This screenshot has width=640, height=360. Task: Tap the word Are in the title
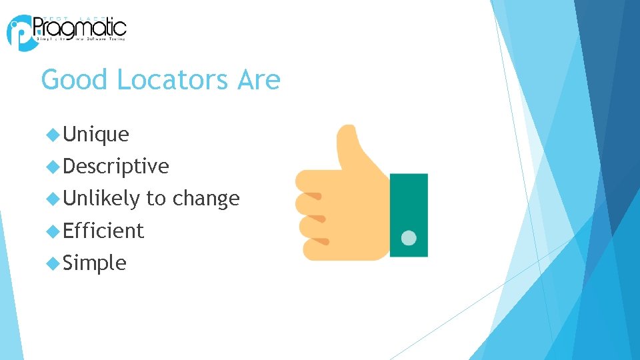pyautogui.click(x=258, y=81)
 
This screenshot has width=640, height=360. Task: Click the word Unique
pyautogui.click(x=96, y=135)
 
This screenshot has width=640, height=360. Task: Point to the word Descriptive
pyautogui.click(x=116, y=166)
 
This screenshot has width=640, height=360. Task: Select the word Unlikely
pyautogui.click(x=101, y=198)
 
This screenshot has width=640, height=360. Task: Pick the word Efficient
pyautogui.click(x=103, y=231)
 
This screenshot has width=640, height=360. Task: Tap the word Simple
pyautogui.click(x=94, y=263)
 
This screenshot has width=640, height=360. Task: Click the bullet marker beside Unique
pyautogui.click(x=53, y=135)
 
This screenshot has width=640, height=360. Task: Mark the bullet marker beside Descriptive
pyautogui.click(x=53, y=166)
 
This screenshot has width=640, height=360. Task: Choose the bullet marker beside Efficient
pyautogui.click(x=53, y=231)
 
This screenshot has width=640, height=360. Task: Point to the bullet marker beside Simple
pyautogui.click(x=53, y=263)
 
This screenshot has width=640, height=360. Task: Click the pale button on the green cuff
pyautogui.click(x=409, y=238)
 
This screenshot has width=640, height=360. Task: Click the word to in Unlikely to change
pyautogui.click(x=155, y=199)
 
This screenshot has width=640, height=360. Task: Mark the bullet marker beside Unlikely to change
pyautogui.click(x=53, y=198)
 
